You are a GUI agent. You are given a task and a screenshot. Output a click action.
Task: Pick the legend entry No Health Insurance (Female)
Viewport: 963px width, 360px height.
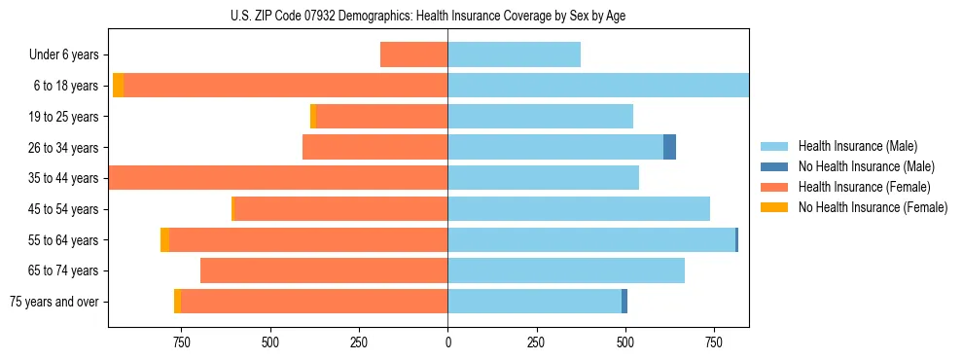point(873,207)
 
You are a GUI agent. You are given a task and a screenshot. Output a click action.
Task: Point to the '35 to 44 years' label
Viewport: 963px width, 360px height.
point(63,178)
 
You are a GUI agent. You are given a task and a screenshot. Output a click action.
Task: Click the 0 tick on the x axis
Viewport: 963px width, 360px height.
point(447,342)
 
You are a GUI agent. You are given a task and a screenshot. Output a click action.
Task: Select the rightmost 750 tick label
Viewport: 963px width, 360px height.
point(714,342)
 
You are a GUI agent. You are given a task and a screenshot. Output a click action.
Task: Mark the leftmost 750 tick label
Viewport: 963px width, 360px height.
point(181,342)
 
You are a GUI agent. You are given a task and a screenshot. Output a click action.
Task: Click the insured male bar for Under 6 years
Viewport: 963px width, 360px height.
point(514,55)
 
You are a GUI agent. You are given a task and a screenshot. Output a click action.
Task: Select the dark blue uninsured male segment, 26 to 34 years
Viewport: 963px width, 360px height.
point(669,147)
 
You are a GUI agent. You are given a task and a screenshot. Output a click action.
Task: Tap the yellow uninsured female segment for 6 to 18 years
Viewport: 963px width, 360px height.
point(118,86)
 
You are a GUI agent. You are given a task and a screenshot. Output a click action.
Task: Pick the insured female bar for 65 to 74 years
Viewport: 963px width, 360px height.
point(324,270)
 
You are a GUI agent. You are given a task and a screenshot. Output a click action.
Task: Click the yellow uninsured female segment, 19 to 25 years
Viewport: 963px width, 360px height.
point(313,117)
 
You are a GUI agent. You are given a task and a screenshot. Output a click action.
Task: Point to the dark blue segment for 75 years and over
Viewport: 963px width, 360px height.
point(624,302)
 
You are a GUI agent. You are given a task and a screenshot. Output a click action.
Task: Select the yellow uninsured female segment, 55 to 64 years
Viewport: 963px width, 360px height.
point(164,240)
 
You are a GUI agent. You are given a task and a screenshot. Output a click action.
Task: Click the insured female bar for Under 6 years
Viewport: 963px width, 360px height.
point(413,55)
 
